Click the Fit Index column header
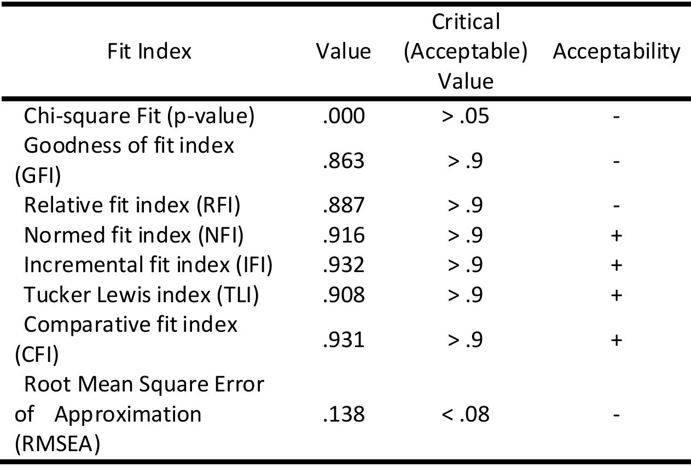(149, 51)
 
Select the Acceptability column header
(617, 51)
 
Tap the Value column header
(344, 51)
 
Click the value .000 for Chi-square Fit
(344, 117)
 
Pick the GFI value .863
(344, 162)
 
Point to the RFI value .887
(344, 205)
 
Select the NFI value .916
(344, 235)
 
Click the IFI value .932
(344, 265)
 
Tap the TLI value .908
(344, 295)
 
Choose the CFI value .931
(344, 340)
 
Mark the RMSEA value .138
(344, 414)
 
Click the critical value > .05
(465, 117)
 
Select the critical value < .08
(465, 414)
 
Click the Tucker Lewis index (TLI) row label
(142, 295)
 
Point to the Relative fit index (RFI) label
(132, 205)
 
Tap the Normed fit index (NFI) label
(134, 235)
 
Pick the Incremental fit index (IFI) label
(148, 265)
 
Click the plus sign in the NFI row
(617, 235)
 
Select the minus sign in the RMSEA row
(617, 415)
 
